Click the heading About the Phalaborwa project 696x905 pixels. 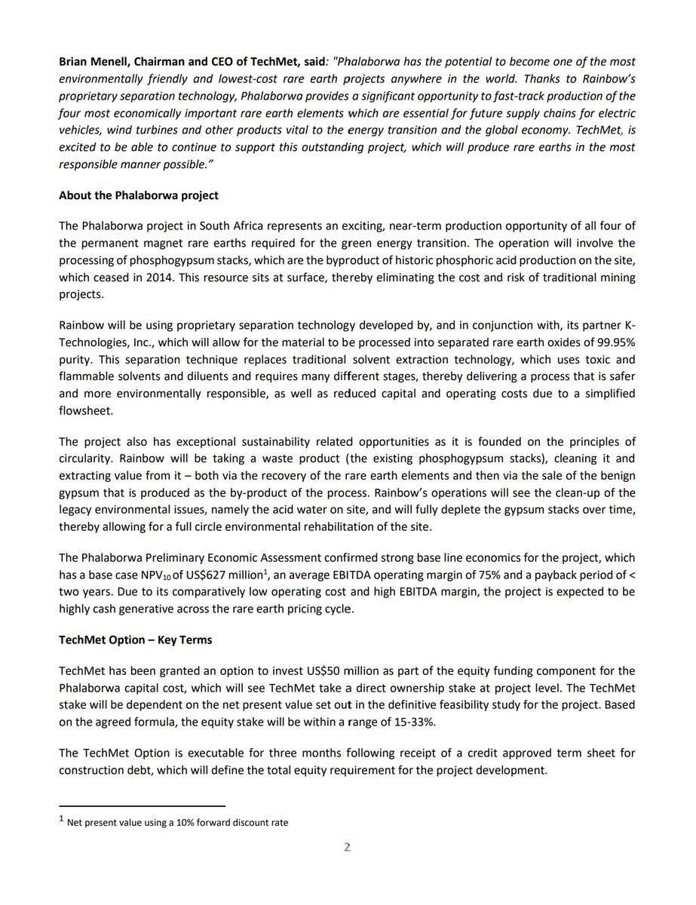pyautogui.click(x=139, y=195)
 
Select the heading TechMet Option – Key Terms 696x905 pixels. pyautogui.click(x=136, y=640)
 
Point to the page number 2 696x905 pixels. pyautogui.click(x=347, y=847)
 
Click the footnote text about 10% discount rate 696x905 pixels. pyautogui.click(x=177, y=823)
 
